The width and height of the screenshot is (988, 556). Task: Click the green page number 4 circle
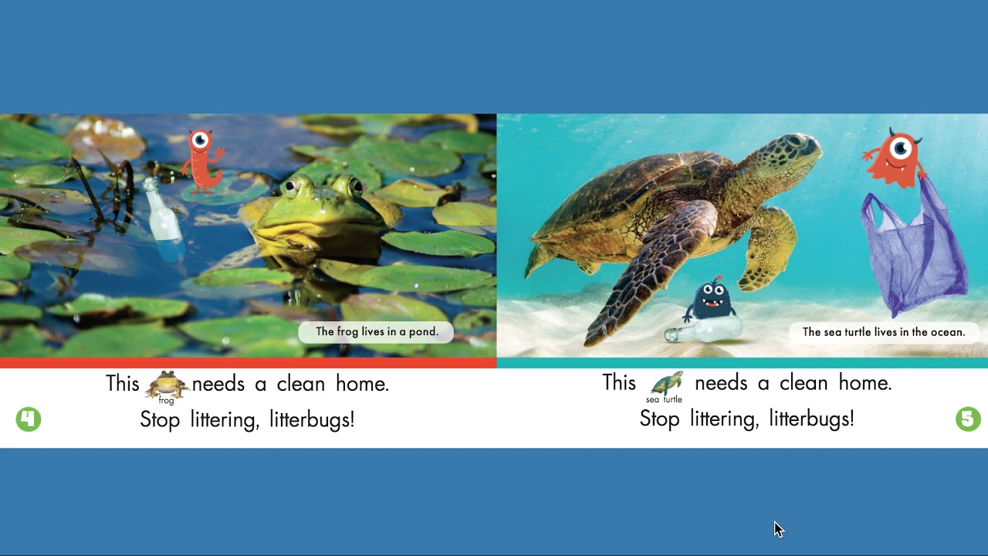pyautogui.click(x=29, y=419)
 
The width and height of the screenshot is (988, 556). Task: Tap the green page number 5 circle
pyautogui.click(x=968, y=419)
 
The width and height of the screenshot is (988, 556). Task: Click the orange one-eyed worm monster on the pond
pyautogui.click(x=203, y=162)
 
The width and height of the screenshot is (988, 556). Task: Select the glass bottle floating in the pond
pyautogui.click(x=163, y=216)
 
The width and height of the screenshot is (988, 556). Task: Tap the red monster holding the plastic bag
pyautogui.click(x=895, y=158)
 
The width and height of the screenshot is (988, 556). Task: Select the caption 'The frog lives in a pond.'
pyautogui.click(x=377, y=332)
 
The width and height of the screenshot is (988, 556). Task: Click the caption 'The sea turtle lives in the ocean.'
pyautogui.click(x=884, y=332)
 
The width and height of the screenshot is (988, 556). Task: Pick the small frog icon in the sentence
pyautogui.click(x=167, y=385)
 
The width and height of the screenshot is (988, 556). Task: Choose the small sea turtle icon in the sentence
pyautogui.click(x=666, y=384)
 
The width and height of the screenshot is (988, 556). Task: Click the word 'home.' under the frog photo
pyautogui.click(x=362, y=384)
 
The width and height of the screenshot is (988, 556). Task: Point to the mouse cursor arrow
pyautogui.click(x=777, y=528)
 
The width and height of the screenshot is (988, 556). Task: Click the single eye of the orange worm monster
pyautogui.click(x=201, y=140)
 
